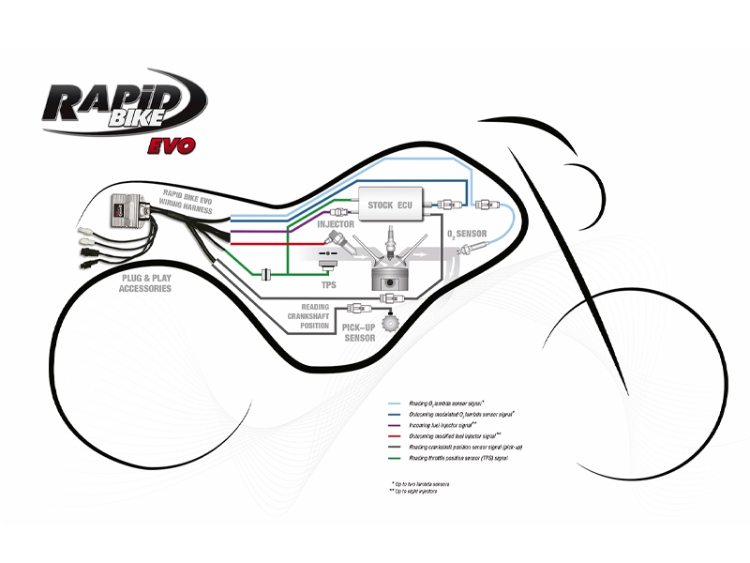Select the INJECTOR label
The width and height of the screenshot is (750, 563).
(x=336, y=225)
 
